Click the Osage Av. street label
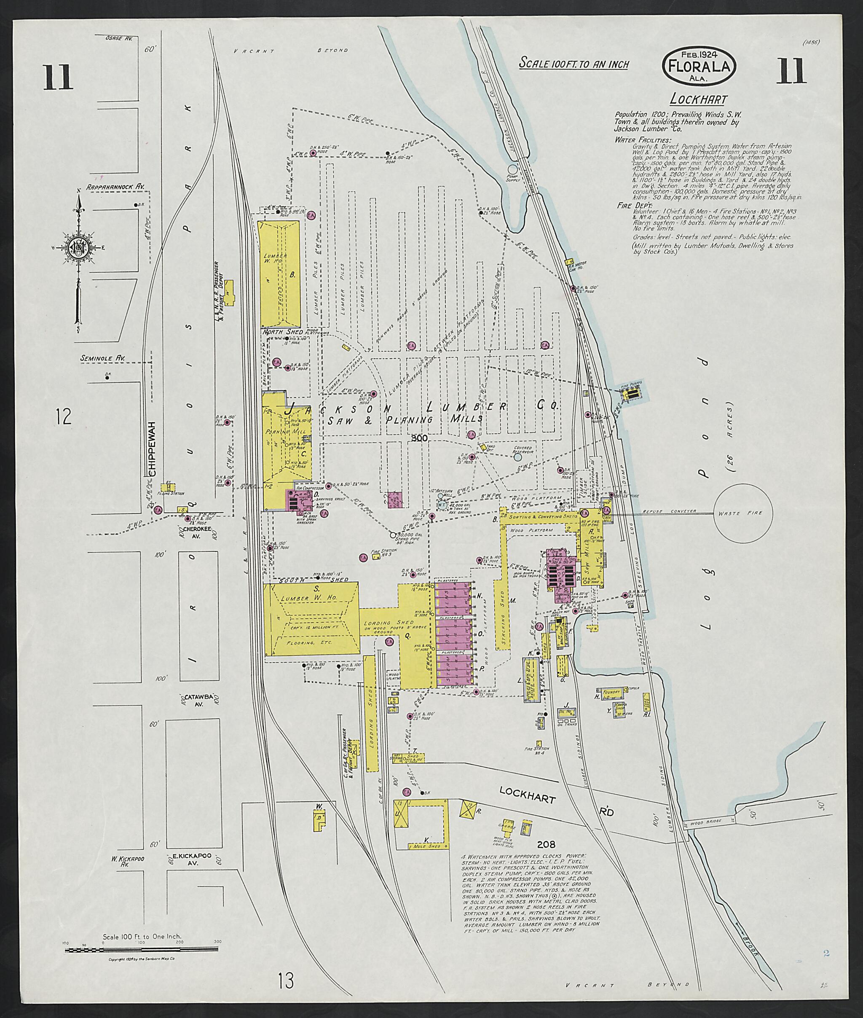[x=119, y=37]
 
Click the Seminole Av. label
[x=102, y=358]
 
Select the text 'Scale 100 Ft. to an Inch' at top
[x=574, y=64]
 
